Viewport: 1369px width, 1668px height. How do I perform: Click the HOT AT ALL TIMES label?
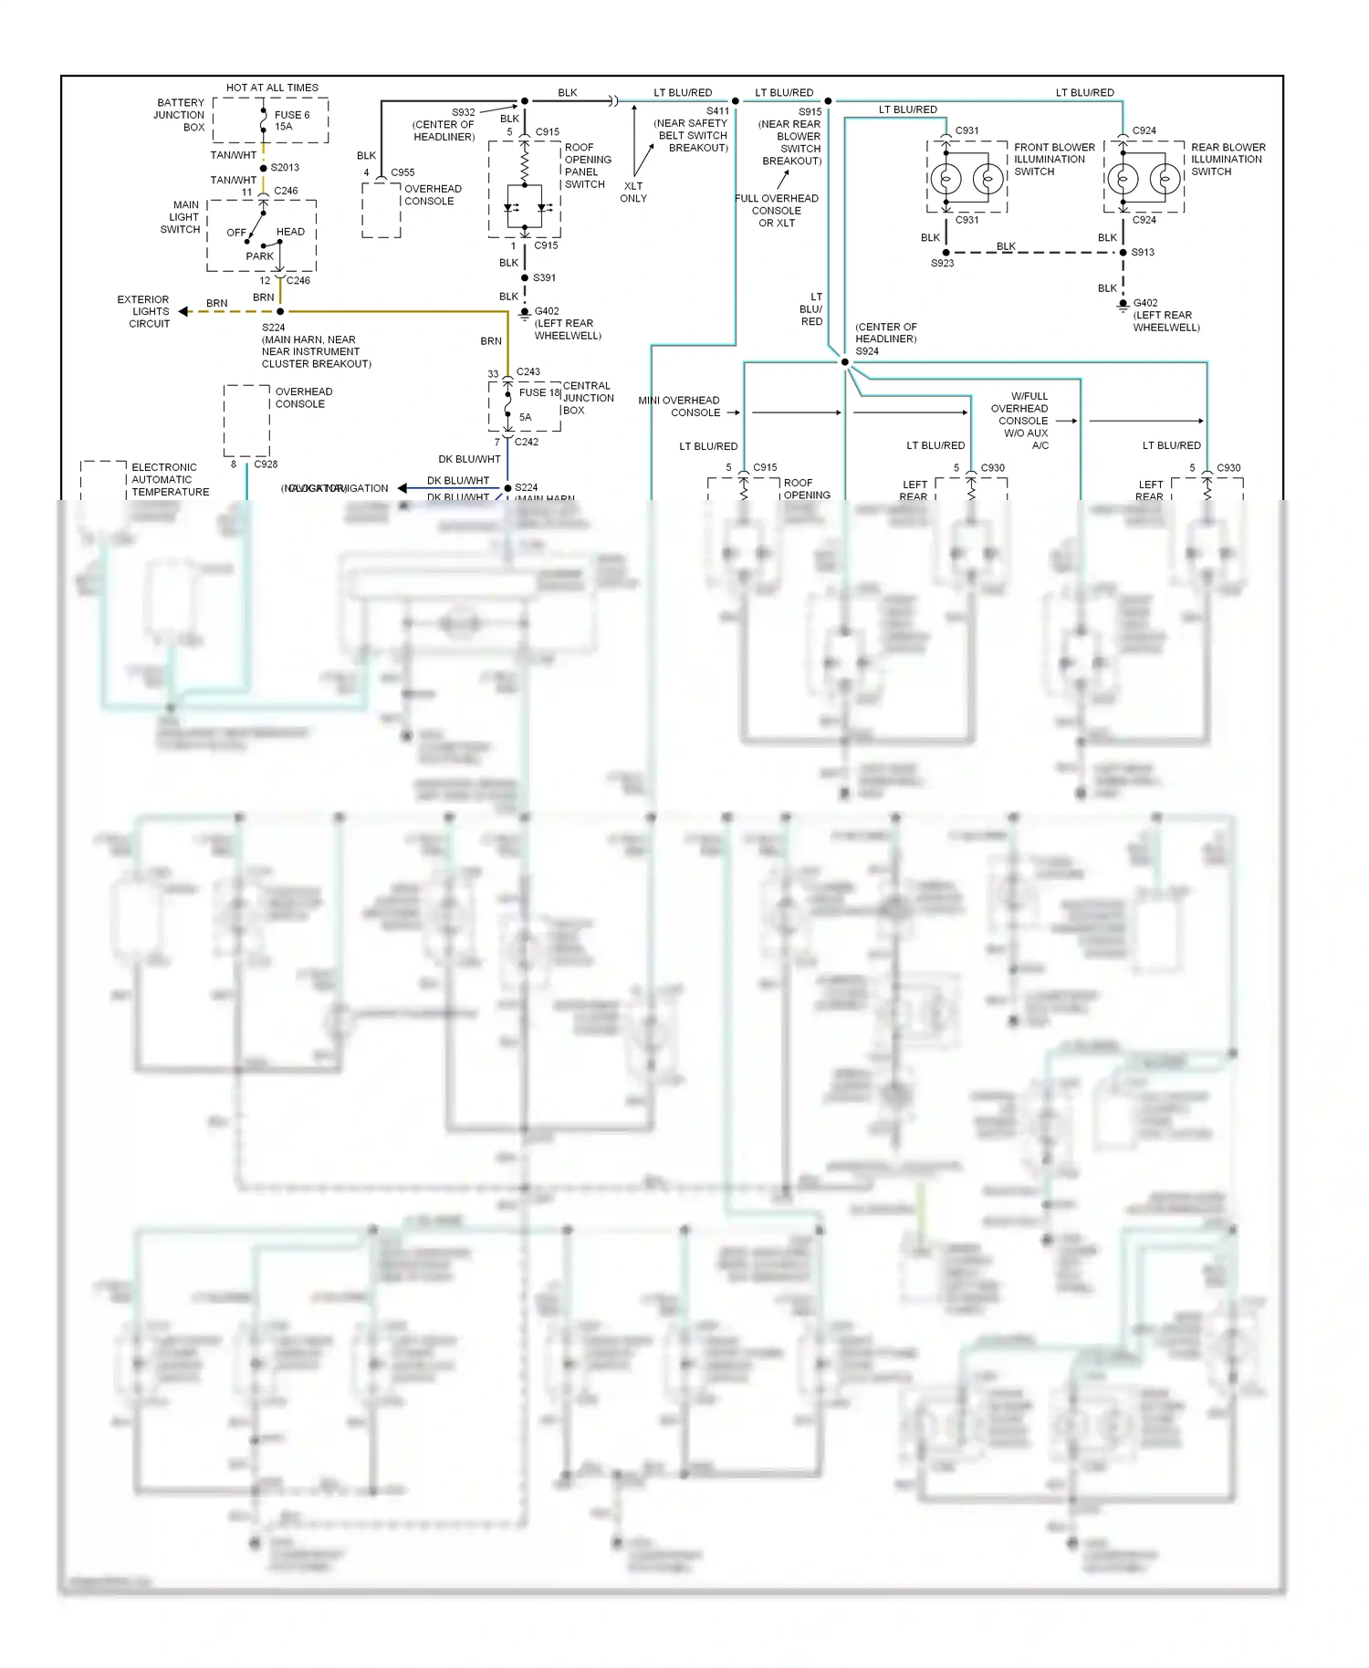[272, 88]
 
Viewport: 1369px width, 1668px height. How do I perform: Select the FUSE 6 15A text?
[291, 120]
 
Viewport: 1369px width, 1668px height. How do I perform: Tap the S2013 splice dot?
[264, 168]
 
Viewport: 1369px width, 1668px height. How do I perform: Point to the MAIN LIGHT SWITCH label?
[182, 217]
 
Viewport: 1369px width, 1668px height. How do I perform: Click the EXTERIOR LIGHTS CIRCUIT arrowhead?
[183, 311]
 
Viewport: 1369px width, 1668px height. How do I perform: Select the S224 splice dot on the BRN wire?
[280, 311]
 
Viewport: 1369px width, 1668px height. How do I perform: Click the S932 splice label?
[464, 112]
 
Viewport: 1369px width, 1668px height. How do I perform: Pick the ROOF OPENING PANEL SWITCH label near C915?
[587, 165]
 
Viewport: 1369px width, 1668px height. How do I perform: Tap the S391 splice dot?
[525, 277]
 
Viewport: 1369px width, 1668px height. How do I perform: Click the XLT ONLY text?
[632, 192]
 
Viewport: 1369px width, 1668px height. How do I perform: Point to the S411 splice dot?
[736, 101]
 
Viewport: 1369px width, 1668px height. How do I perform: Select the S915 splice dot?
[828, 101]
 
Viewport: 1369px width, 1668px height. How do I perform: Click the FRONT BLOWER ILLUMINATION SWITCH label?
[1053, 159]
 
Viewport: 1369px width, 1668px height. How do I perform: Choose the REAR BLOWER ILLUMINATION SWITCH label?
[1228, 159]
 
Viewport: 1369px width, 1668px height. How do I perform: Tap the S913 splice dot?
[1123, 252]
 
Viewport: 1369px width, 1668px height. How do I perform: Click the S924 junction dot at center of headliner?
[845, 362]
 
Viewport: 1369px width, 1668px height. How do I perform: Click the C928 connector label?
[266, 464]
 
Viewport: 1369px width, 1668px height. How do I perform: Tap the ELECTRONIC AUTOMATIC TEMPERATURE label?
[170, 479]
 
